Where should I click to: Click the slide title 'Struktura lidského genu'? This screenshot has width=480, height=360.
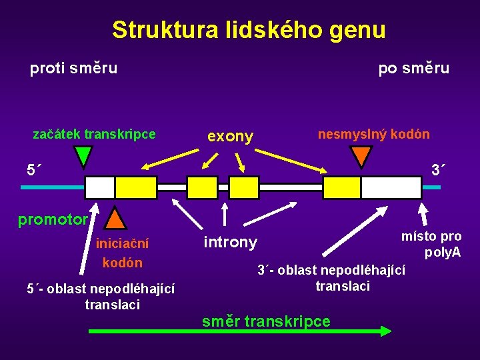(x=249, y=30)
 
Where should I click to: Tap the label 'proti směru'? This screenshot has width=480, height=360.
(x=73, y=68)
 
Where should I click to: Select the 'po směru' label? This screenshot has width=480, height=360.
(x=413, y=68)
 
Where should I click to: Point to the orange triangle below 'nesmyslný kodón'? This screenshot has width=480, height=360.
(x=361, y=155)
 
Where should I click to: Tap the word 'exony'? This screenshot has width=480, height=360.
(x=230, y=137)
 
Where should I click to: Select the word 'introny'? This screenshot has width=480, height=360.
(x=229, y=242)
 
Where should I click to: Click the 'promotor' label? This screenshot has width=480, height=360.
(x=53, y=219)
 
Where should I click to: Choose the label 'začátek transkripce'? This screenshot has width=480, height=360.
(x=94, y=134)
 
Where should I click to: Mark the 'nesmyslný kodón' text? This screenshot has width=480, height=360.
(x=373, y=134)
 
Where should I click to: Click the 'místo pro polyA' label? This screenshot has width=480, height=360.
(x=431, y=244)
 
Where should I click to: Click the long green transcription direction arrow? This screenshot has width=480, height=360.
(x=240, y=331)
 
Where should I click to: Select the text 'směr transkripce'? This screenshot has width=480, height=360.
(x=266, y=321)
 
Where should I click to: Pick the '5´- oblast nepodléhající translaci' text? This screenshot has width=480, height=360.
(x=101, y=297)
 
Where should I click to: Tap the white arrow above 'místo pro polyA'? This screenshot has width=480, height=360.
(x=423, y=215)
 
